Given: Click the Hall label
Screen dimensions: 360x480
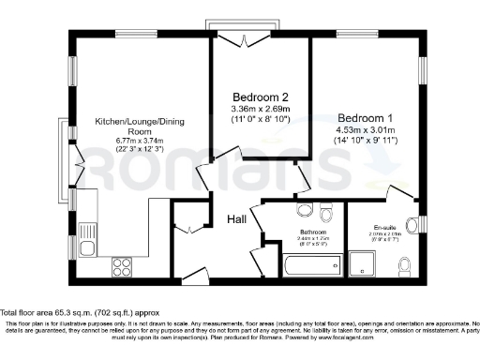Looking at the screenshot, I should click(x=236, y=218).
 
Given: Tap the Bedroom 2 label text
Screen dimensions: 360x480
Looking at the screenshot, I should click(x=260, y=97).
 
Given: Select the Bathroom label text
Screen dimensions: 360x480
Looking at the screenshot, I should click(x=314, y=232).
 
